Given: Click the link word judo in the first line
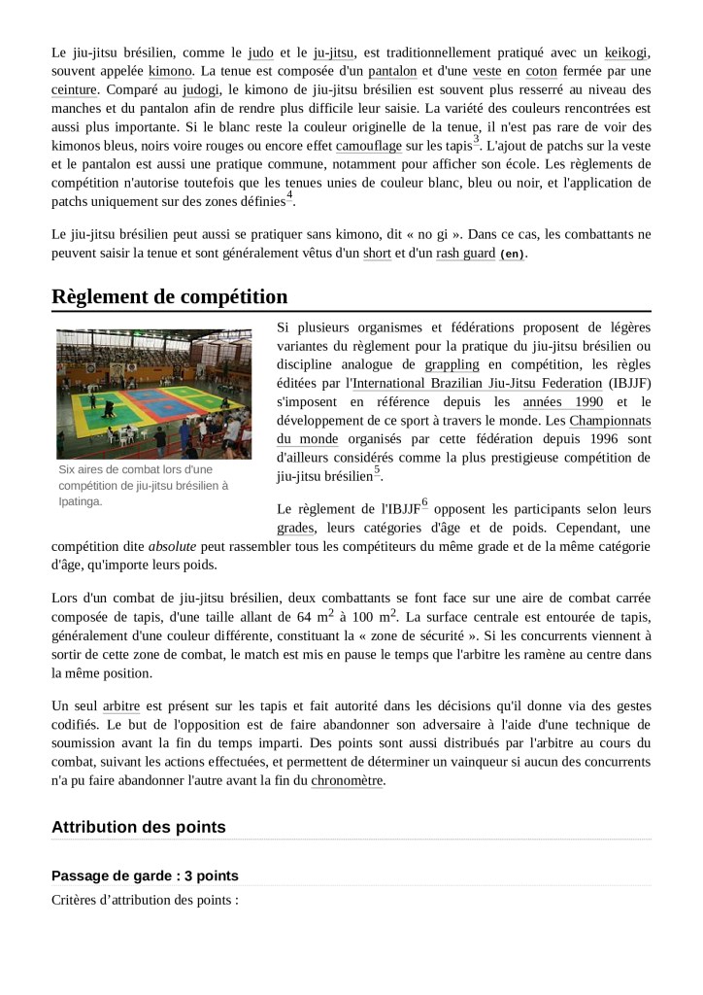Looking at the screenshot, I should [261, 51].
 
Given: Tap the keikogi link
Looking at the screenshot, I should [625, 51].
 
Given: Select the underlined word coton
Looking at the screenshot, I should [542, 71].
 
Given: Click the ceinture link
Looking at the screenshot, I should [75, 89].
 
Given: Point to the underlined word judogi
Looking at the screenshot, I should [201, 89].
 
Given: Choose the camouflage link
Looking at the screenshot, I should [368, 146].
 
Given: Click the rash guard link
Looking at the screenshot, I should [465, 253].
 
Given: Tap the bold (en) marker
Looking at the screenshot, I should [512, 254].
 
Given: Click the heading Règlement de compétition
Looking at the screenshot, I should [169, 296].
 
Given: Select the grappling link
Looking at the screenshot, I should [452, 364].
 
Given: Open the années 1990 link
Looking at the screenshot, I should [562, 401].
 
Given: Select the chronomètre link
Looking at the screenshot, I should [348, 779].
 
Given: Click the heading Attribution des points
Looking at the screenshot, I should [138, 828].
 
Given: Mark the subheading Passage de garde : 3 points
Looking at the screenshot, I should [145, 875].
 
